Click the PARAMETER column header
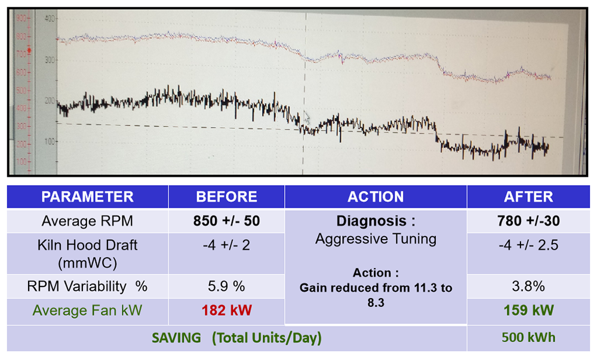tap(88, 197)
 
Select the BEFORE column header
tap(227, 197)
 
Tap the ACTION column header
tap(376, 197)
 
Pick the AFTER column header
tap(528, 197)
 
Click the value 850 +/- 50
tap(226, 221)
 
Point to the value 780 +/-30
tap(528, 221)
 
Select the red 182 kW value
tap(226, 311)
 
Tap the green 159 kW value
tap(528, 311)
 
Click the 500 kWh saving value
tap(528, 338)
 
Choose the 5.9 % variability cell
tap(226, 286)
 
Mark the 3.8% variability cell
tap(528, 286)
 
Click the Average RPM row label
tap(88, 221)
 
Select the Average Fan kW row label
tap(88, 311)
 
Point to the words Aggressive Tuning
tap(376, 239)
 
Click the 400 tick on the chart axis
tap(50, 19)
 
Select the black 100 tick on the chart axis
tap(50, 141)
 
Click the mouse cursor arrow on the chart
tap(307, 117)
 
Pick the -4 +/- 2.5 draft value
tap(528, 245)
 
